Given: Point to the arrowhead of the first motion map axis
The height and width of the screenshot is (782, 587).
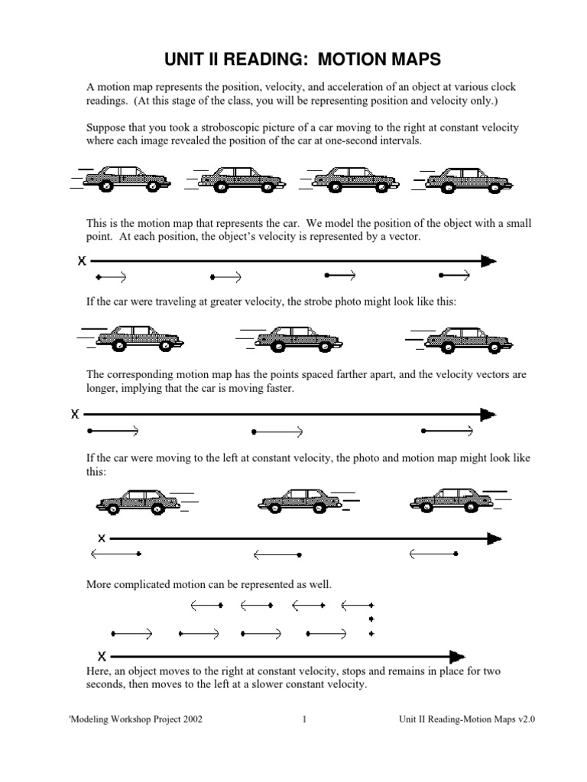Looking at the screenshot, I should [x=488, y=261].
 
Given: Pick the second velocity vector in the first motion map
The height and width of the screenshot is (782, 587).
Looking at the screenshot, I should [x=226, y=276].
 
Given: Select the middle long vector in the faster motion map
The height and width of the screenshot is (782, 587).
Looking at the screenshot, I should [x=278, y=431].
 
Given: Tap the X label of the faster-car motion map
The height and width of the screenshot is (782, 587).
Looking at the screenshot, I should [x=75, y=415].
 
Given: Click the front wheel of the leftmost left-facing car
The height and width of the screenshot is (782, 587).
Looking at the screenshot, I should [x=111, y=507].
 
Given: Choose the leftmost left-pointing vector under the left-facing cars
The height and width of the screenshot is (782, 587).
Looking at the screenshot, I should [x=115, y=553].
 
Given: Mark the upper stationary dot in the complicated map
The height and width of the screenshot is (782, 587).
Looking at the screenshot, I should [x=371, y=619].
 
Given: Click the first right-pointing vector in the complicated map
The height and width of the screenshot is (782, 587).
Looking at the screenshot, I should [x=132, y=633].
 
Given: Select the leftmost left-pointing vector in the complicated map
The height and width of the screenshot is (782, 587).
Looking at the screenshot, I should [x=206, y=606].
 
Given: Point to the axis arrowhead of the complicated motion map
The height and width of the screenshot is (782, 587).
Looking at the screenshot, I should [x=457, y=656].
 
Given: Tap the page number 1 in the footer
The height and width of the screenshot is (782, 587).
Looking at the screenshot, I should [x=304, y=719].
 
